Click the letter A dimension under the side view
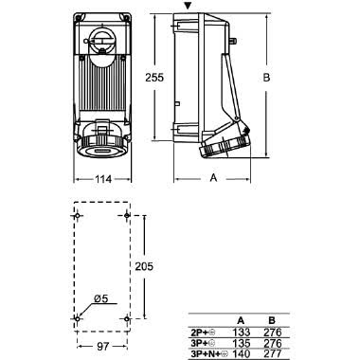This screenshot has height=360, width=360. tap(213, 177)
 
